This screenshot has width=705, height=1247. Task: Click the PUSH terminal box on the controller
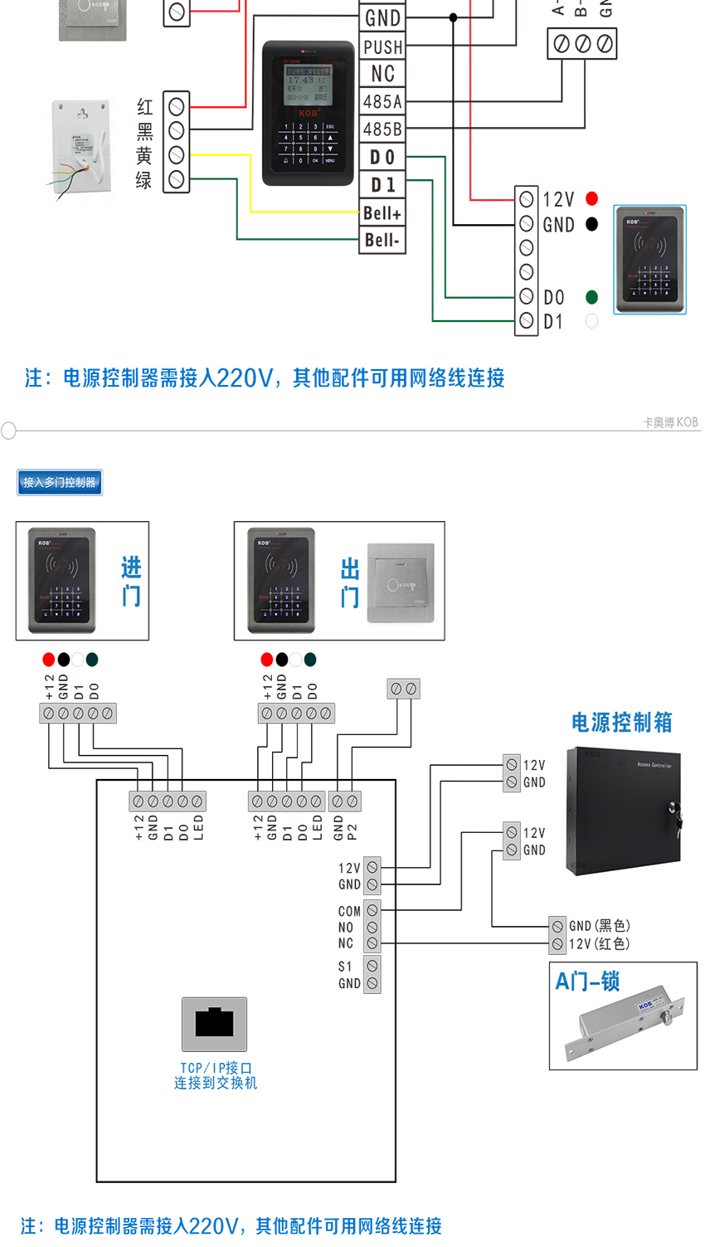(382, 46)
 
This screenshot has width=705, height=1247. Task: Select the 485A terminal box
(382, 102)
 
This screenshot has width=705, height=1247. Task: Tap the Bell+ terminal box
(382, 213)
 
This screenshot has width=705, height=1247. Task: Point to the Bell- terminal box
(382, 241)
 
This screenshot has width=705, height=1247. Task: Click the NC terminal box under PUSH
(382, 74)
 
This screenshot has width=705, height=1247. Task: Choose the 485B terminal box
(382, 129)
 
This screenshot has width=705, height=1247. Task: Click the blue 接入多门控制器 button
(60, 482)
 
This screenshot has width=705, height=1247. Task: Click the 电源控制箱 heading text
(621, 723)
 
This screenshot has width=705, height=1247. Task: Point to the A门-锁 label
(587, 982)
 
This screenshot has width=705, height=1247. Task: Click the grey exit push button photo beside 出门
(401, 582)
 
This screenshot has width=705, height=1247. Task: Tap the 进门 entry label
(131, 582)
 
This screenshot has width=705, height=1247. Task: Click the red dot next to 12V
(591, 198)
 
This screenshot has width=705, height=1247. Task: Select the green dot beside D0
(591, 297)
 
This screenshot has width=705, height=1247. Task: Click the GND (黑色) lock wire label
(599, 926)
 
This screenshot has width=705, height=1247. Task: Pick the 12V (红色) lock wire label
(599, 944)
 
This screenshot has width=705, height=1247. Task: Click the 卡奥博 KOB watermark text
(670, 422)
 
